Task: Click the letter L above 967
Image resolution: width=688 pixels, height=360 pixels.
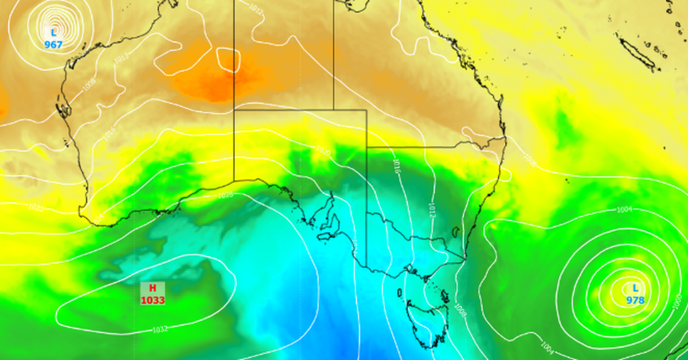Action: [x=53, y=33]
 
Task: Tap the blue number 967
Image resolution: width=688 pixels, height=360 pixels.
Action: [x=53, y=44]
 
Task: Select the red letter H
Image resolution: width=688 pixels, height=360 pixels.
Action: [x=153, y=288]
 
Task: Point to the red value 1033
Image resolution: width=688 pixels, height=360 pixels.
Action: [x=153, y=300]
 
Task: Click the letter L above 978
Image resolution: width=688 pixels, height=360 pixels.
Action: [x=635, y=288]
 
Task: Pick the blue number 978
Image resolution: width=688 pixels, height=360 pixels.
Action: [x=635, y=300]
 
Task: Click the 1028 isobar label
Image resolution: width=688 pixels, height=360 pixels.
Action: [x=225, y=195]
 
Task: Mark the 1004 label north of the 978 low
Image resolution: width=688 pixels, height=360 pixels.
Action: [x=624, y=210]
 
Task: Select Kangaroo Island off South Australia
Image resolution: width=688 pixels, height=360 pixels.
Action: [x=325, y=236]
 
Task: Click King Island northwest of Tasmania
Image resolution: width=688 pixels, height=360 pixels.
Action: [x=400, y=292]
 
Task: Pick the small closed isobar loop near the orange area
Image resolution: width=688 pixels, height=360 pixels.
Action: [x=228, y=60]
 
